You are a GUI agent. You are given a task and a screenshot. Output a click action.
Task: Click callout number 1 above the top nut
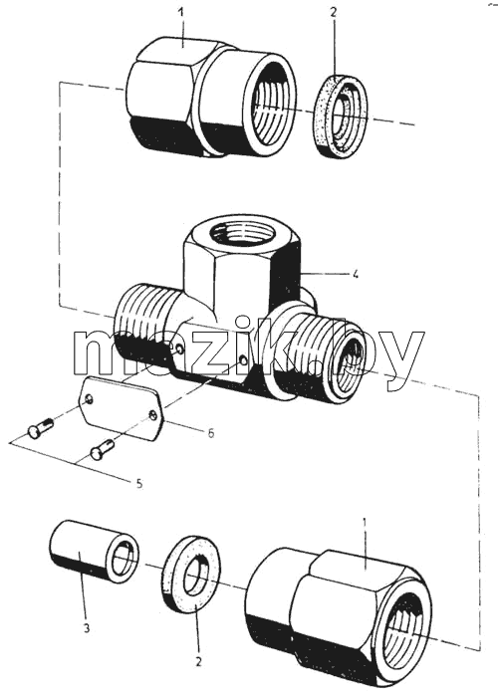(180, 12)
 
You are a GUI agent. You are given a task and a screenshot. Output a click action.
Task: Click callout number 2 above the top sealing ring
(334, 12)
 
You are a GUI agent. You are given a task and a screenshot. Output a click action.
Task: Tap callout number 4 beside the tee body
(355, 274)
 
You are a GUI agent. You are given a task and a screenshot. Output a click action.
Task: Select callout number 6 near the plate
(210, 433)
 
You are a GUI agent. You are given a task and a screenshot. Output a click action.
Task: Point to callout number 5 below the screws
(139, 484)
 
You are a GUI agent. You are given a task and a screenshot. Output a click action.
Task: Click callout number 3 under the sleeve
(86, 628)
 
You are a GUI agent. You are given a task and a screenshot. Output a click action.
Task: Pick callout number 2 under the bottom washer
(198, 661)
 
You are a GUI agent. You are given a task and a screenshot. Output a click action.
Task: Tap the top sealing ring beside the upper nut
(341, 115)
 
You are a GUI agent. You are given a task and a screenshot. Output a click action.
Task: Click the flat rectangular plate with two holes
(121, 407)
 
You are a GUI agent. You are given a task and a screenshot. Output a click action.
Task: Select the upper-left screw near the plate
(40, 427)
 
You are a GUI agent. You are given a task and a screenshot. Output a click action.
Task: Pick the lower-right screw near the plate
(103, 449)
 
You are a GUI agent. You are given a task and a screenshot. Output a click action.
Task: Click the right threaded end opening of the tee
(352, 361)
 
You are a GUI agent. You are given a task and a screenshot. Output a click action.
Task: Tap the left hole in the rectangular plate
(89, 399)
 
